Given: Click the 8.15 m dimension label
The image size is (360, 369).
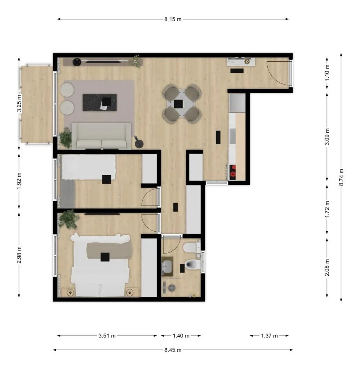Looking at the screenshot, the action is [x=173, y=19].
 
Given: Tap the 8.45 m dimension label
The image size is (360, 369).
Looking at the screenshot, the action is [x=173, y=350].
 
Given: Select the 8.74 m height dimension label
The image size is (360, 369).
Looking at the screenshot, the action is [x=341, y=177].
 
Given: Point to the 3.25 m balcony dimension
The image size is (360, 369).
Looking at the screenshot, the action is [x=19, y=103].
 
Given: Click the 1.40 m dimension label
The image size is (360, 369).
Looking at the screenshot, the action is [x=181, y=336].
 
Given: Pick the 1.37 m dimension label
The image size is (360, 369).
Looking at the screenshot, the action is [x=269, y=336].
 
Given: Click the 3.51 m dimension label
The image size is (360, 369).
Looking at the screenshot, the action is [x=107, y=336].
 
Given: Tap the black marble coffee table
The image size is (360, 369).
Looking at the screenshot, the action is [x=100, y=103].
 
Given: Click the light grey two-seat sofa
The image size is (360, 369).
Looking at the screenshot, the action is [x=101, y=136].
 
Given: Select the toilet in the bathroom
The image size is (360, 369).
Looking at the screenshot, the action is [x=193, y=264].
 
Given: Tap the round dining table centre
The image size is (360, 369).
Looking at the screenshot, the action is [x=182, y=103].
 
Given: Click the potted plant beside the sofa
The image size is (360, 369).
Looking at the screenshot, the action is [x=65, y=138].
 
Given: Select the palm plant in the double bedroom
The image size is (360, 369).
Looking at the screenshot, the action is [x=69, y=219].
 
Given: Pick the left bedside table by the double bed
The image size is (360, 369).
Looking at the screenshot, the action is [x=70, y=292].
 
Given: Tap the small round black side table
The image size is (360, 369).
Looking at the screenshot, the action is [x=139, y=144].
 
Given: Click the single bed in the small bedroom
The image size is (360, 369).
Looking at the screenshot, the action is [x=88, y=167].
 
